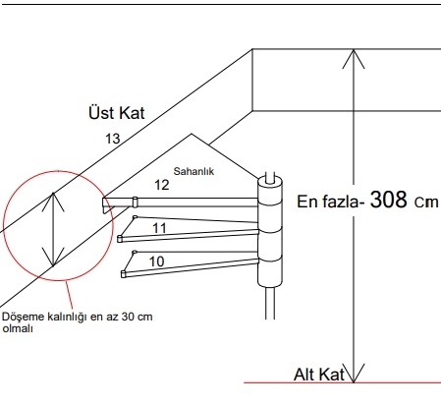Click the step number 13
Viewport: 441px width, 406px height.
click(x=113, y=139)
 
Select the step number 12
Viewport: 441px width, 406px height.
click(x=162, y=185)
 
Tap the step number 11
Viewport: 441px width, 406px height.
click(x=159, y=228)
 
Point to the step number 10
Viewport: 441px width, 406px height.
click(x=156, y=261)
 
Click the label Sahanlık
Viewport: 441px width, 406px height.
click(x=193, y=171)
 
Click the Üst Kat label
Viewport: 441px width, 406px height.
click(x=117, y=113)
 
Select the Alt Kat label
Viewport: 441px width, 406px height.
click(x=319, y=375)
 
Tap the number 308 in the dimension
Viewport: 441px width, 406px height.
click(x=389, y=200)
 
